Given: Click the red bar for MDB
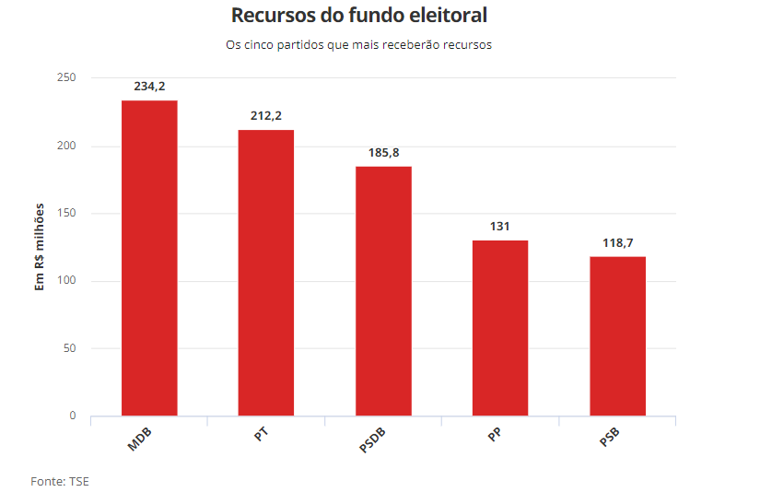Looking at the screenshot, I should [x=149, y=258].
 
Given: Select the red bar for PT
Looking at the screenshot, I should [x=266, y=273].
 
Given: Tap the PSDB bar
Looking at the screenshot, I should [x=383, y=291].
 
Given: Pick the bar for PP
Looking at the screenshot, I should [x=500, y=328].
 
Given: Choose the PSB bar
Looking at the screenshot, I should [x=617, y=336].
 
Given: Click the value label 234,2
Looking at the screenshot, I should [x=149, y=87].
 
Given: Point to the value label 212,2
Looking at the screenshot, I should [x=266, y=116].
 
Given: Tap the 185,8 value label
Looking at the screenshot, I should [x=383, y=152].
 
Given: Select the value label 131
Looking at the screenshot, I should [x=500, y=226].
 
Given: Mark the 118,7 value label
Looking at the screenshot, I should [x=617, y=242].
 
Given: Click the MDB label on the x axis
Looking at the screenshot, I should [x=140, y=439].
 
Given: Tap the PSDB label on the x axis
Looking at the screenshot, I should [x=372, y=440].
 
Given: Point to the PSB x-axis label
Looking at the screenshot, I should [x=609, y=439].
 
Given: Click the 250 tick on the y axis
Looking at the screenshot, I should [x=65, y=78].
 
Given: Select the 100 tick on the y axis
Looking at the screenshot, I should [x=65, y=281].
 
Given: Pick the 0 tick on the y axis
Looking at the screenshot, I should [x=72, y=416].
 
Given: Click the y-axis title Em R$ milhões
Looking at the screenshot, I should [x=40, y=248].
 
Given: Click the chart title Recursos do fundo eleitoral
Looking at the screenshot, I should [x=359, y=16].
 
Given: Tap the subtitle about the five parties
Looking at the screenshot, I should [x=359, y=45].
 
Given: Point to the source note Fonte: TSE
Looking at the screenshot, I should [x=60, y=481].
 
